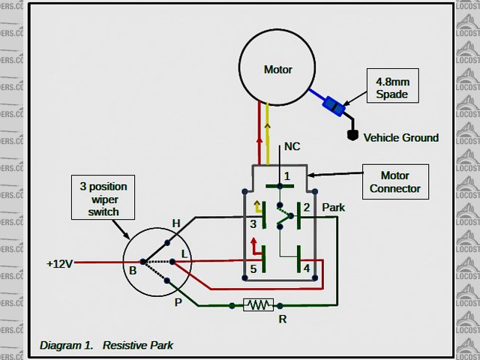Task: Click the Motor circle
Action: pos(277,69)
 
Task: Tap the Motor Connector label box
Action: pos(395,181)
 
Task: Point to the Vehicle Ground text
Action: pos(401,138)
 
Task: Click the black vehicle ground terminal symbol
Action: pos(352,136)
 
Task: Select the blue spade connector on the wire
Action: pos(333,107)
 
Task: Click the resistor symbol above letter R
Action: pos(259,304)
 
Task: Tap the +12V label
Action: pos(60,264)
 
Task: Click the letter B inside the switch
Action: pos(133,270)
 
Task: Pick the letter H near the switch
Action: pos(176,223)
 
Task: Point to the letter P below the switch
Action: pos(178,302)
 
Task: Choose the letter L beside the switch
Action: pos(184,256)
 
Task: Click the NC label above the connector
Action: pos(292,148)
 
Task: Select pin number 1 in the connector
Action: pos(286,175)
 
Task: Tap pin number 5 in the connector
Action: pos(253,268)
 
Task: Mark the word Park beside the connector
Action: pos(333,206)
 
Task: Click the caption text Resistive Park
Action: pos(138,346)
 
